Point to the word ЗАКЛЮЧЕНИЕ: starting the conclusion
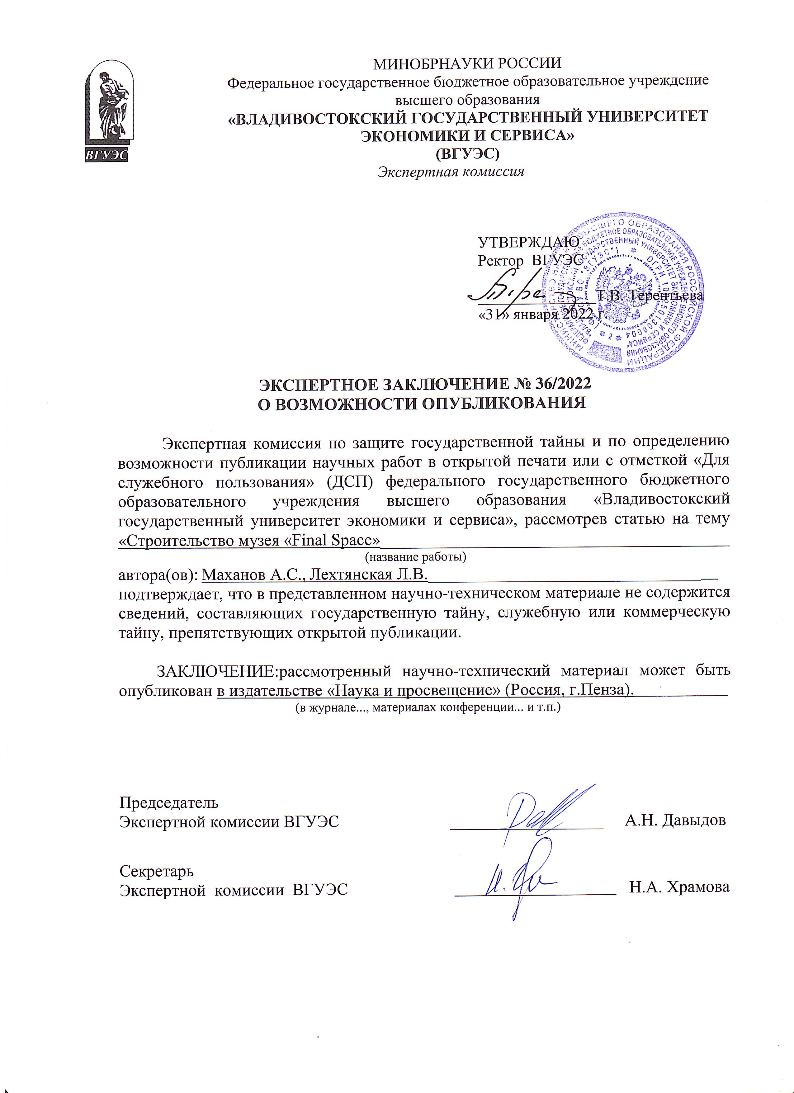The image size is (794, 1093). pos(217,670)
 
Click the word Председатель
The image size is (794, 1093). pos(169,802)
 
